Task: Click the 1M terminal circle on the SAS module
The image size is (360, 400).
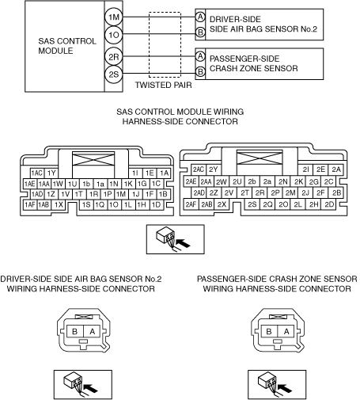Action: point(114,17)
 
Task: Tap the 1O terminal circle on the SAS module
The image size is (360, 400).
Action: point(114,35)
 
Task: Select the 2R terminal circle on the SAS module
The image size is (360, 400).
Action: point(114,56)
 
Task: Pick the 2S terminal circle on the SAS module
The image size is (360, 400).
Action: point(114,74)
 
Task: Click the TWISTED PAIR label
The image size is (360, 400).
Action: point(163,85)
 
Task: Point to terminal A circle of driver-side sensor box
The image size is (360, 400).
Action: point(200,17)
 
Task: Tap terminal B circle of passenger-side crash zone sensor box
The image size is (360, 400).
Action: point(200,71)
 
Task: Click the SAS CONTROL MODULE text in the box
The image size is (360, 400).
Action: point(67,46)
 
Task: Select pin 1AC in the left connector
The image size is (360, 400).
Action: point(36,173)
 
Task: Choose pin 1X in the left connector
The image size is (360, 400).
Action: point(59,205)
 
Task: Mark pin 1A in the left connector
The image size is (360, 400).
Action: point(164,173)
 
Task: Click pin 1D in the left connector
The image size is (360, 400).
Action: point(156,205)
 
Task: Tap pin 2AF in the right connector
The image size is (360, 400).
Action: point(191,204)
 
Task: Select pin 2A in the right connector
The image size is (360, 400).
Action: point(336,170)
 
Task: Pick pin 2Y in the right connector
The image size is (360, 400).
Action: point(213,170)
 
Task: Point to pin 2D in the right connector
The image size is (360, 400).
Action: point(329,204)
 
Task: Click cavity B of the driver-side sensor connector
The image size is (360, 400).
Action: point(75,331)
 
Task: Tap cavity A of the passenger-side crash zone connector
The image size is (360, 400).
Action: point(286,331)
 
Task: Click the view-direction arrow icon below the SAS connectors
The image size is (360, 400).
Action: point(176,239)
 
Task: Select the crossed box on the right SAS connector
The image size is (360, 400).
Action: point(260,158)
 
